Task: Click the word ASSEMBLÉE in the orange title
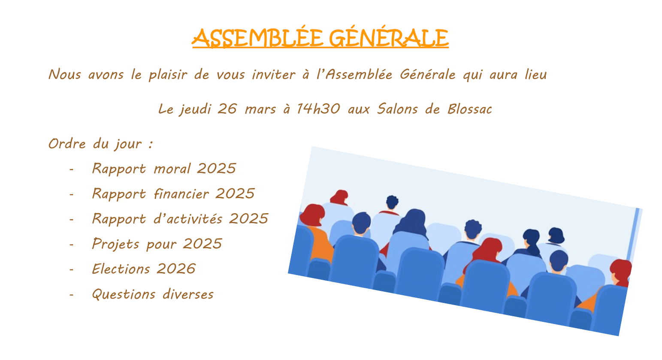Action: pos(258,37)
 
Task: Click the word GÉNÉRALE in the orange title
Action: pos(389,37)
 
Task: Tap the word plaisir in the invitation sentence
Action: pos(168,75)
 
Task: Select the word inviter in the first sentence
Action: pos(274,74)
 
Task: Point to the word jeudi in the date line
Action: pos(196,109)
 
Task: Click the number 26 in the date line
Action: pos(227,109)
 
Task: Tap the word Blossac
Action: pos(470,109)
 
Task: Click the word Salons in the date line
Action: pos(397,109)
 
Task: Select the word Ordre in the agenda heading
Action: pos(67,144)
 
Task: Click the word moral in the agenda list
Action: pos(172,169)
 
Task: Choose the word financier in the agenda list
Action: pos(181,194)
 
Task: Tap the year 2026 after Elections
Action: pos(176,269)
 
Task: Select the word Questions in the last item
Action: pos(124,294)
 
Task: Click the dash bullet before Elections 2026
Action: pos(71,269)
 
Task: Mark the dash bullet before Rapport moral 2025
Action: pos(71,169)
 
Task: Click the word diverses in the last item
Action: pos(188,294)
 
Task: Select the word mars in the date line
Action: pos(260,110)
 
